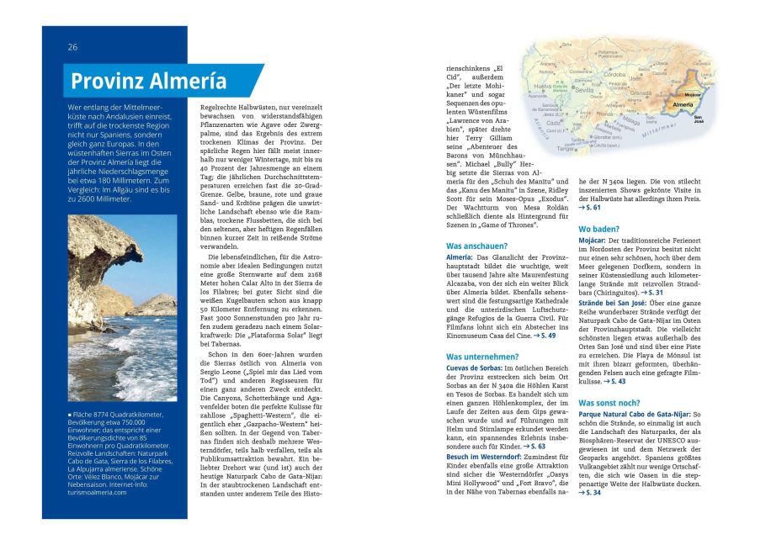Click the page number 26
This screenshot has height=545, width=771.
tap(73, 47)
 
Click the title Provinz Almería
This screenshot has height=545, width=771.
tap(148, 81)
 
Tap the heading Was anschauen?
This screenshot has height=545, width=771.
tap(476, 246)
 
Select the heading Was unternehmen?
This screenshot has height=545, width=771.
tap(482, 357)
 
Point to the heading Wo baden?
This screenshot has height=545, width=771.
tap(598, 229)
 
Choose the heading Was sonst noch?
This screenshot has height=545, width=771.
tap(609, 403)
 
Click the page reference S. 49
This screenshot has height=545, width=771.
tap(546, 336)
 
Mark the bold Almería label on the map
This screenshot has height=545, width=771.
tap(683, 104)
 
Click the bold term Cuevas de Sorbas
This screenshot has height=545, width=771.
tap(474, 368)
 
